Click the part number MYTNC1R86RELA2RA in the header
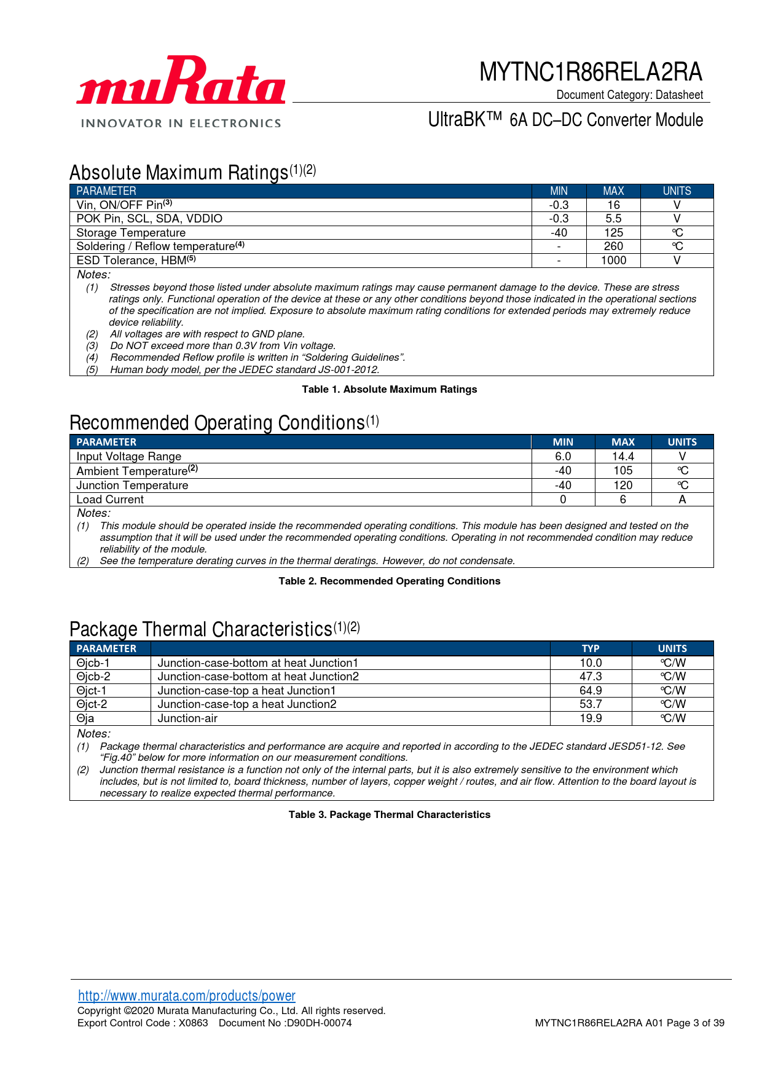[590, 72]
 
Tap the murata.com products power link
[186, 996]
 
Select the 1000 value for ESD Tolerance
[613, 261]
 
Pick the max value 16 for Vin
[613, 205]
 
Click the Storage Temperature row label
[131, 233]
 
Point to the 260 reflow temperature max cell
[613, 246]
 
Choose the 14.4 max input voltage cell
[623, 457]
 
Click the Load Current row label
[110, 500]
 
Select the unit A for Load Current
[682, 500]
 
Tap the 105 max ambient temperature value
[623, 471]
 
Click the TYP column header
[591, 648]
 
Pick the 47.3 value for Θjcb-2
[591, 677]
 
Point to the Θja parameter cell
[85, 718]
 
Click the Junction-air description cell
[187, 718]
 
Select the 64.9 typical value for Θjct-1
[591, 691]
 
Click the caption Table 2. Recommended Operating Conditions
[389, 581]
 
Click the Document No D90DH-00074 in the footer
[285, 1023]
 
